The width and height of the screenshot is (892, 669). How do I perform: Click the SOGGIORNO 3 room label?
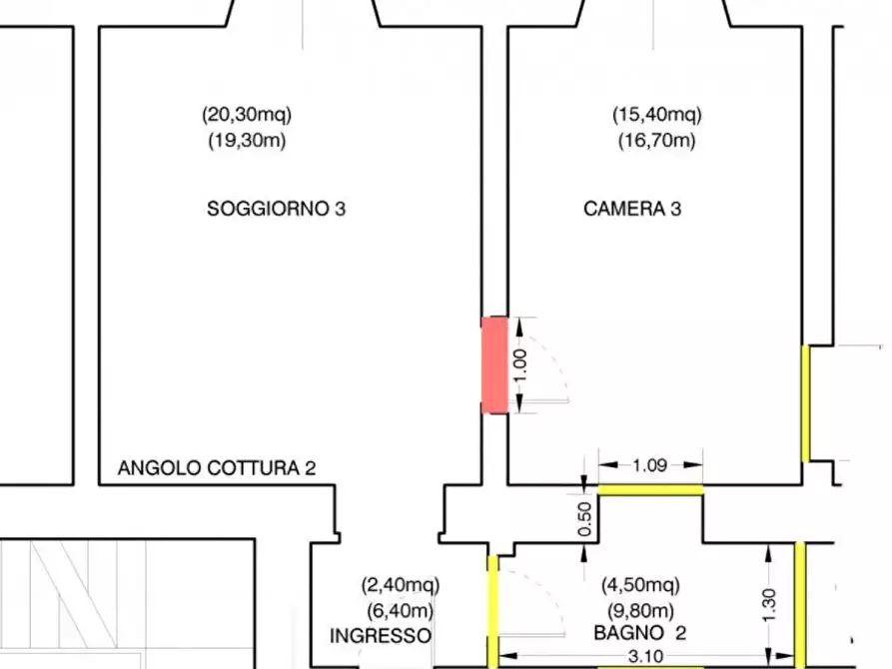277,210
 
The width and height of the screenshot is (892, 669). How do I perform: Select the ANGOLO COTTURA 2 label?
217,467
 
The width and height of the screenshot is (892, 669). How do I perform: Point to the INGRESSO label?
381,635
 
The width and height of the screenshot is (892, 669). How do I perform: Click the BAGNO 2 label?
640,633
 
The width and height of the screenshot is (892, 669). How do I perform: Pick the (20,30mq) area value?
247,114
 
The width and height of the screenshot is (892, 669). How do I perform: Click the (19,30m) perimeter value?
247,140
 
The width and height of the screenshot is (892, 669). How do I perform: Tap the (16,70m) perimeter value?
656,140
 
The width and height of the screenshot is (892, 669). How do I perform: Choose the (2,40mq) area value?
400,585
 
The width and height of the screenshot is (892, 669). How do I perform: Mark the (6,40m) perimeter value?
400,610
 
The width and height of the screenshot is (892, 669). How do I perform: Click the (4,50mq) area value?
640,585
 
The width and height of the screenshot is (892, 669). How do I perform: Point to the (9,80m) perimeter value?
640,610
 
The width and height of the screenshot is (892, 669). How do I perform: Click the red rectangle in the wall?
494,363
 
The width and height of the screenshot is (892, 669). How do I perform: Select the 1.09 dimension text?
650,464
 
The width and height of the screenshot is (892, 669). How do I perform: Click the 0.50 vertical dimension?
586,518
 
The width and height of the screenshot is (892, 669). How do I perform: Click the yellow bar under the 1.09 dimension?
650,489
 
